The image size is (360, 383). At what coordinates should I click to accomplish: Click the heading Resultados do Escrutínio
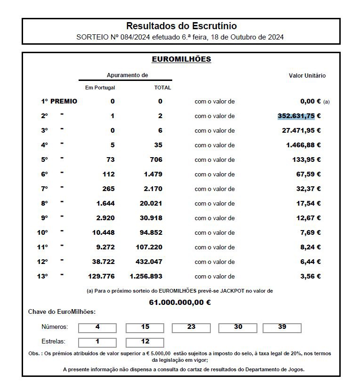[x=181, y=26]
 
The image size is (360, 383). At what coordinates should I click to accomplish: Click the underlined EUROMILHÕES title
[x=181, y=59]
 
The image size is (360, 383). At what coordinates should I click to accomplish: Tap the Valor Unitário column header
[x=307, y=75]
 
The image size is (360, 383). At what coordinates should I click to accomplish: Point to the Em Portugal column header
[x=100, y=88]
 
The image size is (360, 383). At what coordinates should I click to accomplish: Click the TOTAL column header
[x=162, y=88]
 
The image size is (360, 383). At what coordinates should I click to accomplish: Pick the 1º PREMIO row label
[x=59, y=101]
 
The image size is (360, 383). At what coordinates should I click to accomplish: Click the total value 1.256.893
[x=146, y=276]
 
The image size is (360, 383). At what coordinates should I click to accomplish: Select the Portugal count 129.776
[x=101, y=276]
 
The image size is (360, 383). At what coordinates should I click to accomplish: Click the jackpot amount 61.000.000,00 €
[x=180, y=302]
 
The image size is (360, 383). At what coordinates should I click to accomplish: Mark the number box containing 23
[x=191, y=327]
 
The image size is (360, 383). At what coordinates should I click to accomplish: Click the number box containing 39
[x=282, y=327]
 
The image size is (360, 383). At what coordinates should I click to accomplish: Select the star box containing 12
[x=144, y=342]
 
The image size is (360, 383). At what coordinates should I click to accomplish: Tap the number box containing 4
[x=97, y=327]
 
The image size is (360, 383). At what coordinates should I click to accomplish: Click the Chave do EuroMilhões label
[x=62, y=311]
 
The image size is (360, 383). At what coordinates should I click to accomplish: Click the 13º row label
[x=42, y=276]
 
